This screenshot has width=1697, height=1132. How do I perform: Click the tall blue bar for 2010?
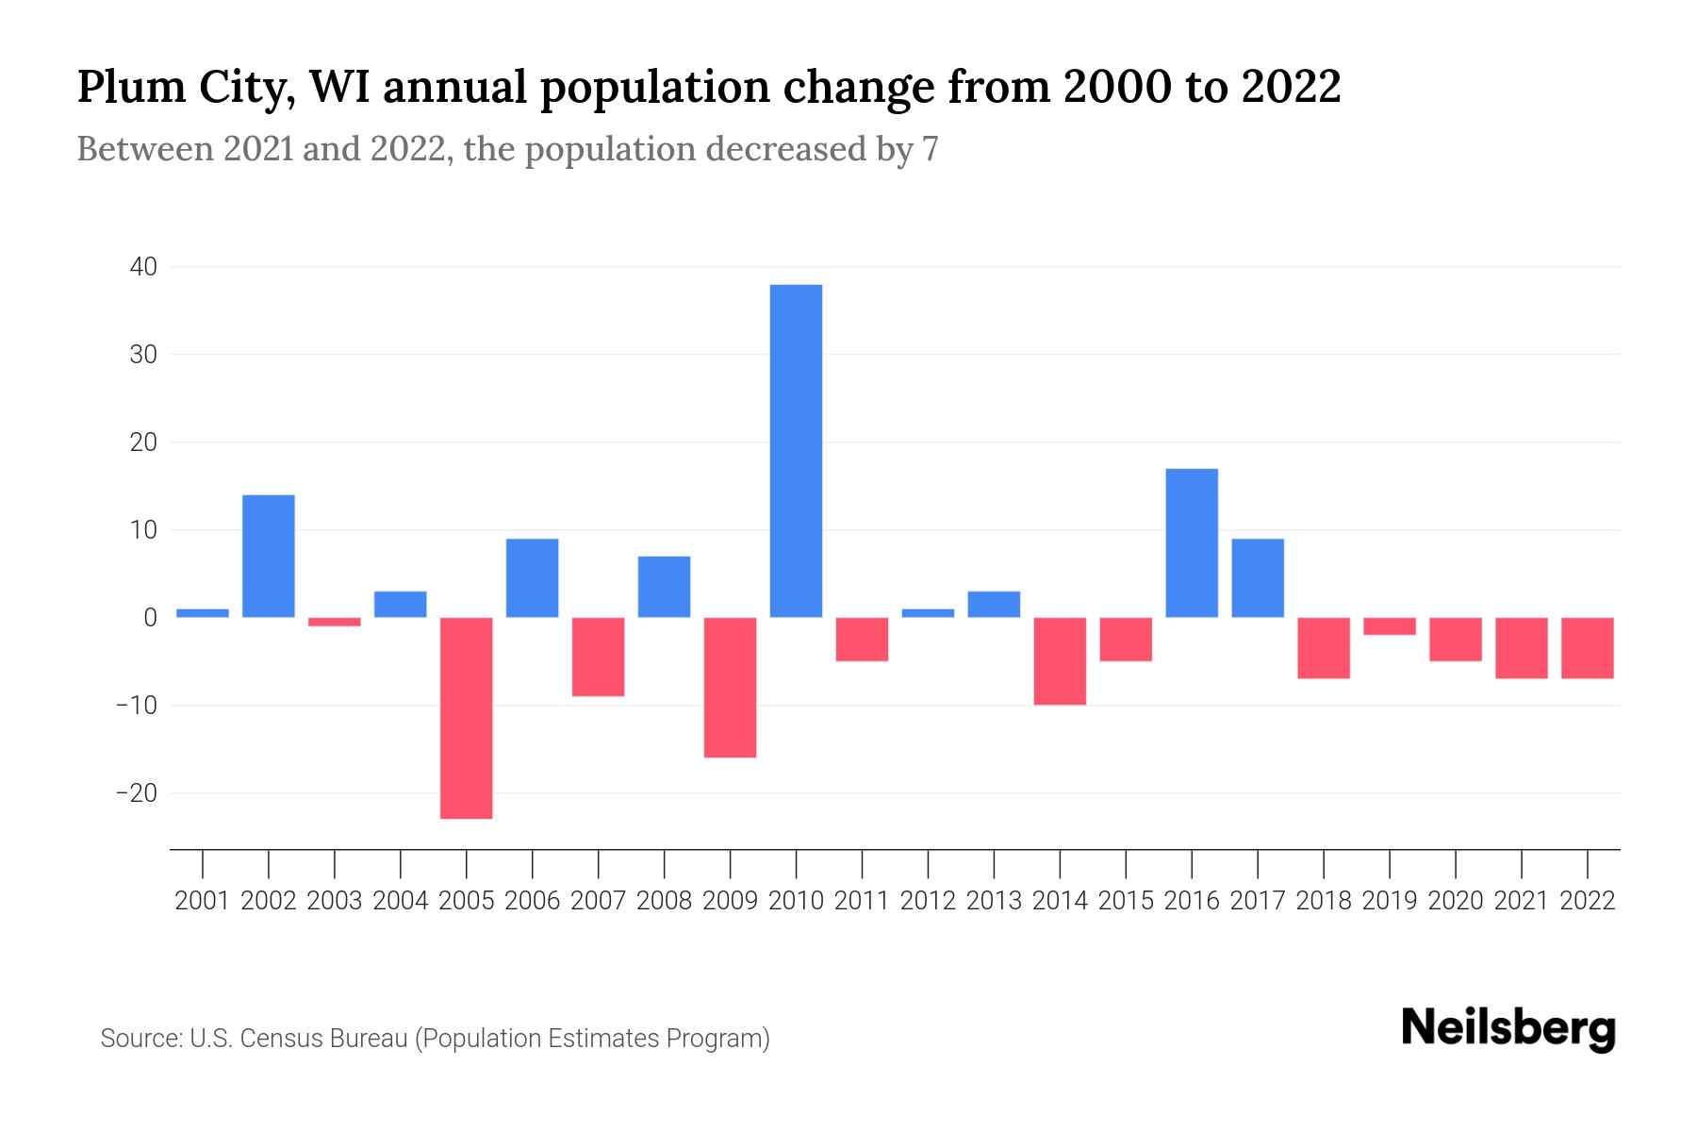(796, 451)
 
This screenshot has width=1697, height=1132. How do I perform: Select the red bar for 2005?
(467, 718)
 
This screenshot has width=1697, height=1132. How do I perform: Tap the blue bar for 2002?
(269, 557)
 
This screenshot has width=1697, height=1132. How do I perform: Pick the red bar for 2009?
(731, 688)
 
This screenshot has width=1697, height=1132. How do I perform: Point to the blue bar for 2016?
(1192, 543)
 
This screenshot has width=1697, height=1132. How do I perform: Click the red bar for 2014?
(1060, 661)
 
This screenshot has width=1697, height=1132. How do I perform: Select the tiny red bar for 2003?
(335, 622)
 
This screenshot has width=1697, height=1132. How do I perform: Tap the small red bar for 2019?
(1390, 626)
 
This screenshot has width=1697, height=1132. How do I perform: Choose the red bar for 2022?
(1588, 648)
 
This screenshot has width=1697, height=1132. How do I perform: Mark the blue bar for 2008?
(665, 587)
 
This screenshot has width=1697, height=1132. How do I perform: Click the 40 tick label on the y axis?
(143, 267)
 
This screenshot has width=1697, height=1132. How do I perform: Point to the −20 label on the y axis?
(136, 793)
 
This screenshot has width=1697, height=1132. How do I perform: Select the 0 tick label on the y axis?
(151, 618)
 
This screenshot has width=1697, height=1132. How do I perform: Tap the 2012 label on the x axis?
(928, 901)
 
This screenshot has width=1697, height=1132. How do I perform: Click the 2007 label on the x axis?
(599, 901)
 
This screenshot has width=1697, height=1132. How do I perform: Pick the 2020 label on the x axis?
(1456, 901)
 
